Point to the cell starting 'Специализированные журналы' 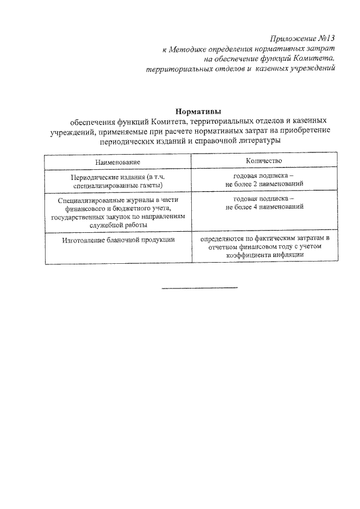point(118,211)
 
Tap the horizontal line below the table point(200,289)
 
